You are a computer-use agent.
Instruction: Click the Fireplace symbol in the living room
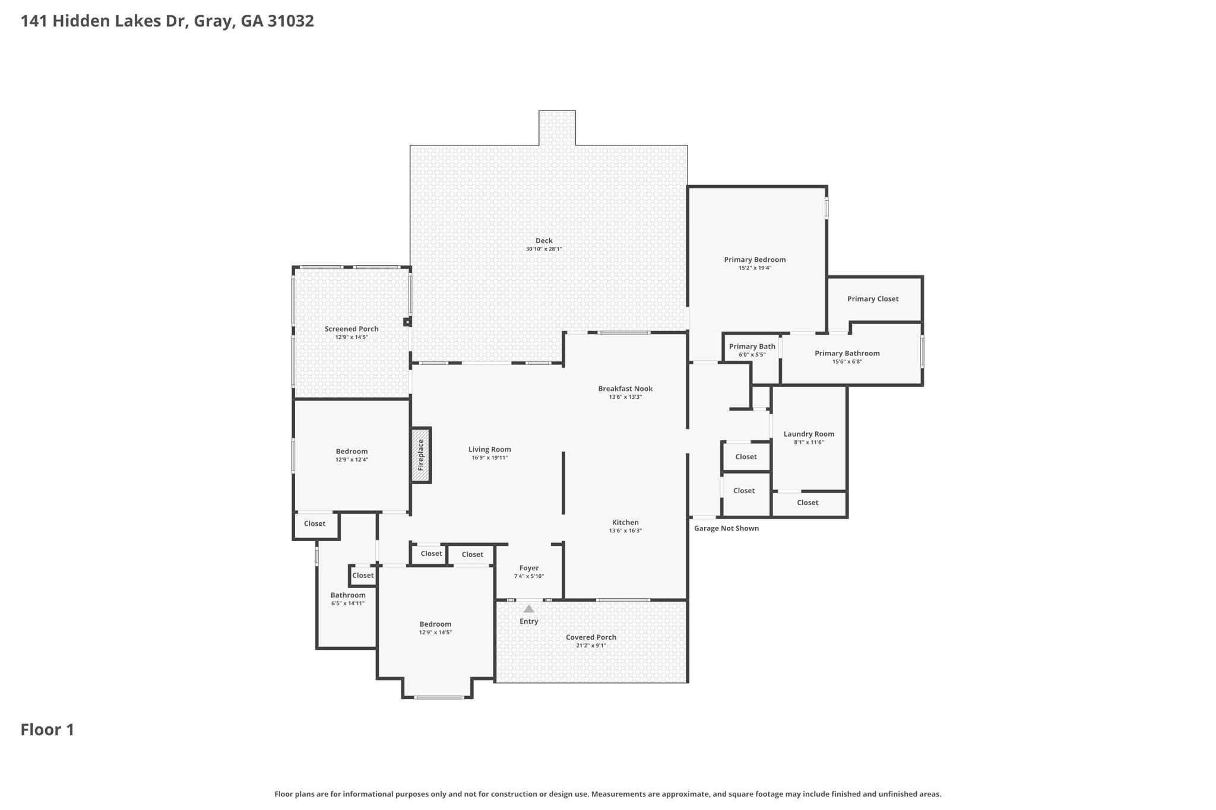pos(421,455)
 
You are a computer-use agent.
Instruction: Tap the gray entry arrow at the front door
pos(528,609)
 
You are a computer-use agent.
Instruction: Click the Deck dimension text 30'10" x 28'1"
pos(544,249)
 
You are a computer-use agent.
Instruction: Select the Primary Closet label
pos(873,299)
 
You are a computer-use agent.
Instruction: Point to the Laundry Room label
pos(809,434)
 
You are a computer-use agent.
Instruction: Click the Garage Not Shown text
pos(726,529)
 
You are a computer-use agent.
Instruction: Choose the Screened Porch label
pos(351,329)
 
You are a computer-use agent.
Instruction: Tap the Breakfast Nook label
pos(625,389)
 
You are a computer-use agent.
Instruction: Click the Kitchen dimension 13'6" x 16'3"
pos(625,531)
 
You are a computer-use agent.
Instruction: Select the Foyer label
pos(529,568)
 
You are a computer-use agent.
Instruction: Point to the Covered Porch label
pos(591,638)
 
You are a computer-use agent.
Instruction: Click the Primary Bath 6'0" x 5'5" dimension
pos(752,355)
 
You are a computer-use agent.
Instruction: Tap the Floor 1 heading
pos(47,730)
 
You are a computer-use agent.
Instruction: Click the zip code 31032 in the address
pos(290,21)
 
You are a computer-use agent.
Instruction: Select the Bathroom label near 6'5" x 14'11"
pos(348,596)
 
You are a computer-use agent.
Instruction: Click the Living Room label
pos(490,450)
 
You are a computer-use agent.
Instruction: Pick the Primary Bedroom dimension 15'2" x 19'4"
pos(755,268)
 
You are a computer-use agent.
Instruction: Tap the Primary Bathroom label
pos(847,354)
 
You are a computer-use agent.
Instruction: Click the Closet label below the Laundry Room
pos(807,503)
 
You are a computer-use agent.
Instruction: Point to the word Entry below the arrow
pos(529,622)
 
